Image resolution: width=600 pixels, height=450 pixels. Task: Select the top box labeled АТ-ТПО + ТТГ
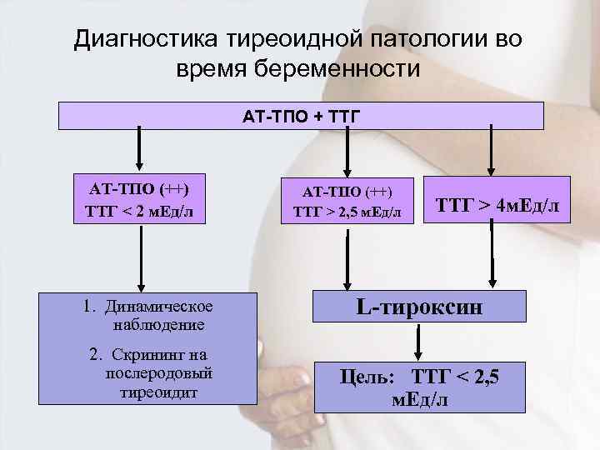coord(301,115)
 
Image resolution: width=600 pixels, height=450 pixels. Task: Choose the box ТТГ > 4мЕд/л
coord(497,201)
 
